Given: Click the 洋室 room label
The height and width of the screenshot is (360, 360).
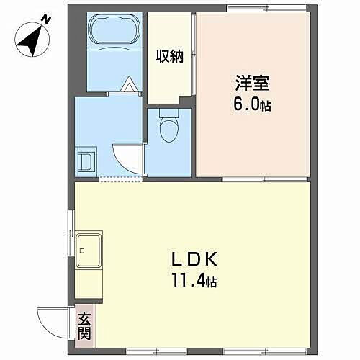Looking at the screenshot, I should pyautogui.click(x=251, y=82).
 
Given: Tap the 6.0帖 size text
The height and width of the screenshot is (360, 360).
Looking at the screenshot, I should pyautogui.click(x=252, y=104).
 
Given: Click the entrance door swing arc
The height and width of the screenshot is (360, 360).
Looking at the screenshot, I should pyautogui.click(x=54, y=320).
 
